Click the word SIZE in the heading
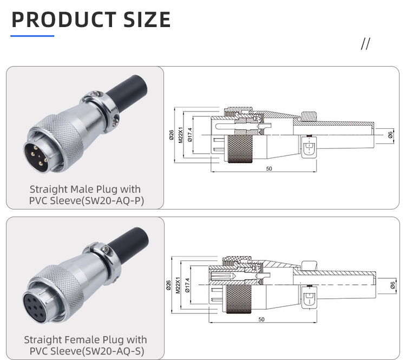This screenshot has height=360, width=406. pyautogui.click(x=143, y=19)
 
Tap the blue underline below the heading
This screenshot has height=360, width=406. pyautogui.click(x=32, y=36)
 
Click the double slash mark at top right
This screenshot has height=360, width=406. pyautogui.click(x=365, y=44)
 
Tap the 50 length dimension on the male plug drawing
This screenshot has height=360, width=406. pyautogui.click(x=269, y=168)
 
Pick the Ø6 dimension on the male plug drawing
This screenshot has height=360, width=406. pyautogui.click(x=391, y=135)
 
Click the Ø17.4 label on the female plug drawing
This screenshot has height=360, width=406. pyautogui.click(x=188, y=285)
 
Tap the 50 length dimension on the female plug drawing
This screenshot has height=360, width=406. pyautogui.click(x=261, y=319)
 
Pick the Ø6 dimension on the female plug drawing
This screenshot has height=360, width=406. pyautogui.click(x=392, y=285)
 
